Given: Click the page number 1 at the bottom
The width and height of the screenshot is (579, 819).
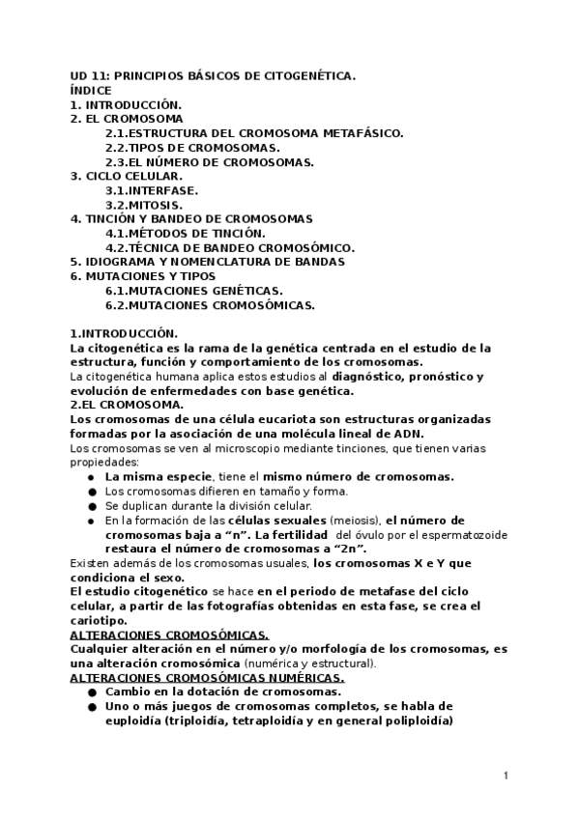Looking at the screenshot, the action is tap(507, 776).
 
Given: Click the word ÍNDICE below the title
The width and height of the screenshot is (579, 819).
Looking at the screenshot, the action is tap(91, 89).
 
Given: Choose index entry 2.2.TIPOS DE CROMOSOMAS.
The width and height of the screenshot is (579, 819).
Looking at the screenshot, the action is tap(192, 147).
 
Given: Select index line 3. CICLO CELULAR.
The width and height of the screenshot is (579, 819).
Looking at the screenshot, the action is tap(126, 176).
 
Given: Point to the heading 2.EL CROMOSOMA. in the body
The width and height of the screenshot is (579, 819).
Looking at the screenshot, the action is tap(121, 405).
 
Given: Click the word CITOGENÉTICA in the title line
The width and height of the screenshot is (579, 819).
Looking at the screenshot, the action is tap(305, 74).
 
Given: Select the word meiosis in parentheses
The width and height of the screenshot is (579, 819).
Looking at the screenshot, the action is tap(354, 520).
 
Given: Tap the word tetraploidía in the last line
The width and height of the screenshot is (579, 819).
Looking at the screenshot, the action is tap(264, 720).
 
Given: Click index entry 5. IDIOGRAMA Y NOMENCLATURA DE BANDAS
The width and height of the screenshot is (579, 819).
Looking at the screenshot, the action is tap(207, 262).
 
